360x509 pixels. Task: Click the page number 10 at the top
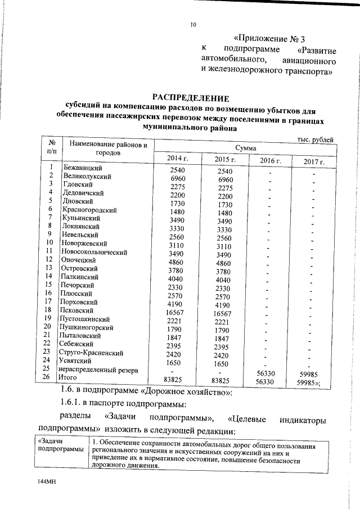click(193, 25)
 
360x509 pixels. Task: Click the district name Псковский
click(80, 310)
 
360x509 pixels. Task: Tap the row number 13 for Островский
click(49, 268)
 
